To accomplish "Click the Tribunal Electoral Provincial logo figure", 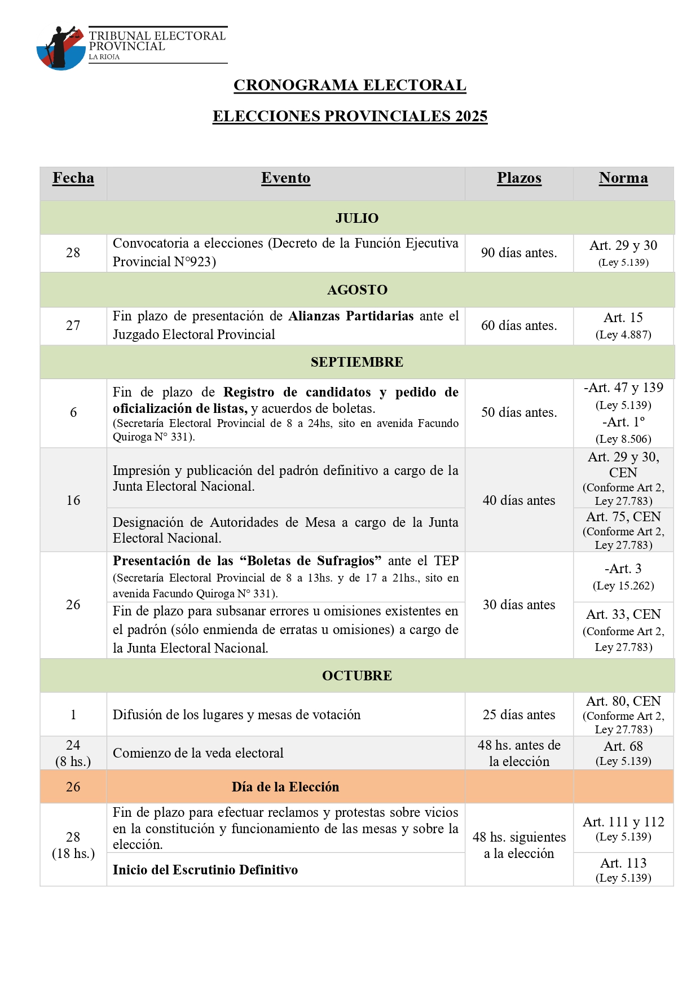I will pyautogui.click(x=60, y=47).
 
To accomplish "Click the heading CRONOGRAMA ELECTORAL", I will pyautogui.click(x=350, y=85).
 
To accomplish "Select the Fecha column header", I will pyautogui.click(x=73, y=178).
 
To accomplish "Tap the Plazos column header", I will pyautogui.click(x=519, y=178).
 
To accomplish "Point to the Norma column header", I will pyautogui.click(x=623, y=178).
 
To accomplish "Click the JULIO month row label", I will pyautogui.click(x=357, y=218).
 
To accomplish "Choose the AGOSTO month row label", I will pyautogui.click(x=357, y=290).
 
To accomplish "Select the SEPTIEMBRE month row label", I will pyautogui.click(x=357, y=362).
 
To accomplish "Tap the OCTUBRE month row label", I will pyautogui.click(x=357, y=676).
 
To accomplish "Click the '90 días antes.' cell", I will pyautogui.click(x=519, y=253).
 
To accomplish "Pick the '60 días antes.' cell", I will pyautogui.click(x=519, y=325).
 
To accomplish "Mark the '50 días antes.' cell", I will pyautogui.click(x=519, y=412).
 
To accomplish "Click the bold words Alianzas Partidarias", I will pyautogui.click(x=351, y=316).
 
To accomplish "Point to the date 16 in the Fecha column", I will pyautogui.click(x=73, y=500).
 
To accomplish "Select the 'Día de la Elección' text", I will pyautogui.click(x=285, y=787).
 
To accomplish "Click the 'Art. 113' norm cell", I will pyautogui.click(x=623, y=869).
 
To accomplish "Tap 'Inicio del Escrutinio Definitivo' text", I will pyautogui.click(x=205, y=870).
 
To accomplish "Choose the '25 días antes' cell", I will pyautogui.click(x=519, y=715).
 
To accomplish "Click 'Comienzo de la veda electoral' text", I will pyautogui.click(x=198, y=753).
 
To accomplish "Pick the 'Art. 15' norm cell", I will pyautogui.click(x=623, y=325).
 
